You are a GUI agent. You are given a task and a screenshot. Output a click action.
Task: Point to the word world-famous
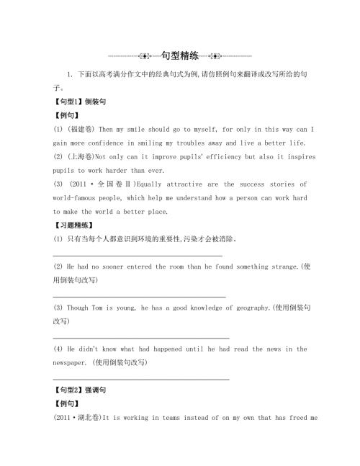tap(81, 197)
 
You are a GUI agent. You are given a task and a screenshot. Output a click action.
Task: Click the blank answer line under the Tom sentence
tap(141, 336)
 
